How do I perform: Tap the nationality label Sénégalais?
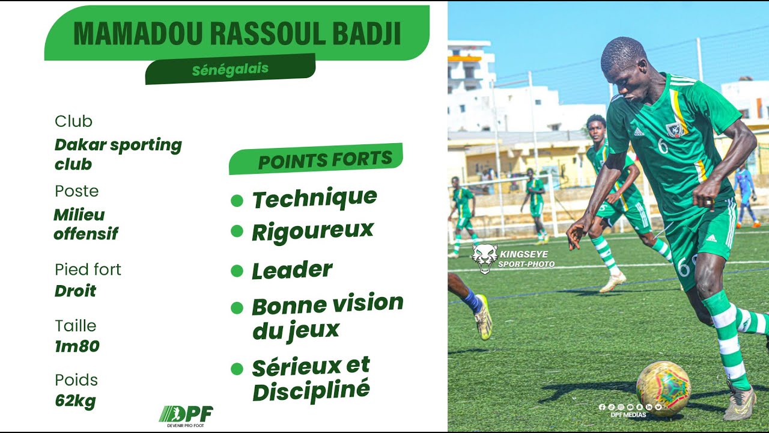[230, 69]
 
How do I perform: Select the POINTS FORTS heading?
[325, 160]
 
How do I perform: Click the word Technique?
[314, 198]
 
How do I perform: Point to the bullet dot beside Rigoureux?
[237, 231]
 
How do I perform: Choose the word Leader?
[292, 270]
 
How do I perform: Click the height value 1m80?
[77, 346]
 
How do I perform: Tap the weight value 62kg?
[75, 400]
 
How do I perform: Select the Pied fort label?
[88, 269]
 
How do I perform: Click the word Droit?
[75, 291]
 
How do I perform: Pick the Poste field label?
[76, 191]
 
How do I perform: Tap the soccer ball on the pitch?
[663, 388]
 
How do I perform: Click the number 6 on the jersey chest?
[663, 146]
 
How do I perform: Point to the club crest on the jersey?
[675, 129]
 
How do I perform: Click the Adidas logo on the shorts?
[711, 239]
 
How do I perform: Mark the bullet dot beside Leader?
[237, 271]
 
